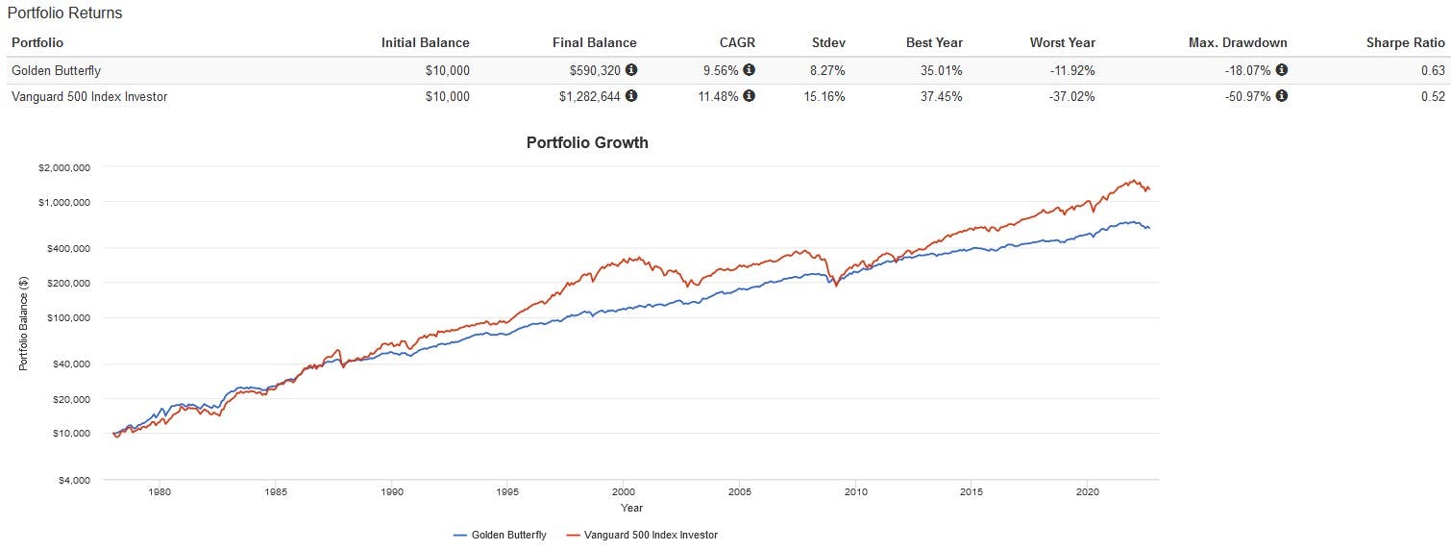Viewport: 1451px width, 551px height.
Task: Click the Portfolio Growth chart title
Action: (587, 142)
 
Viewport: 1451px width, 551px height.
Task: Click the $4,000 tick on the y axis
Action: (73, 480)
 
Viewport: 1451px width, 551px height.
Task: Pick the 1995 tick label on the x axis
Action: (508, 492)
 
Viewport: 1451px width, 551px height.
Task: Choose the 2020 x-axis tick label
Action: (1088, 492)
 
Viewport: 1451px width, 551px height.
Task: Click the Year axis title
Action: (631, 508)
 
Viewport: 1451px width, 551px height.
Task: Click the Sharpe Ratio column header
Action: (1405, 42)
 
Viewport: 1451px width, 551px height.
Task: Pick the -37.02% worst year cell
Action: (1069, 96)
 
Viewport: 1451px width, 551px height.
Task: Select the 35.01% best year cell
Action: (940, 69)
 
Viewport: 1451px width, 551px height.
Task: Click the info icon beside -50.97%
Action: (1282, 96)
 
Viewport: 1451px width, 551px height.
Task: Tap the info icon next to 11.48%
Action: (750, 96)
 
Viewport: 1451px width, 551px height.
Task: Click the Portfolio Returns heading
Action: (64, 13)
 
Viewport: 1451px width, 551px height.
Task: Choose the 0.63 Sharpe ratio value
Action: (1433, 69)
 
